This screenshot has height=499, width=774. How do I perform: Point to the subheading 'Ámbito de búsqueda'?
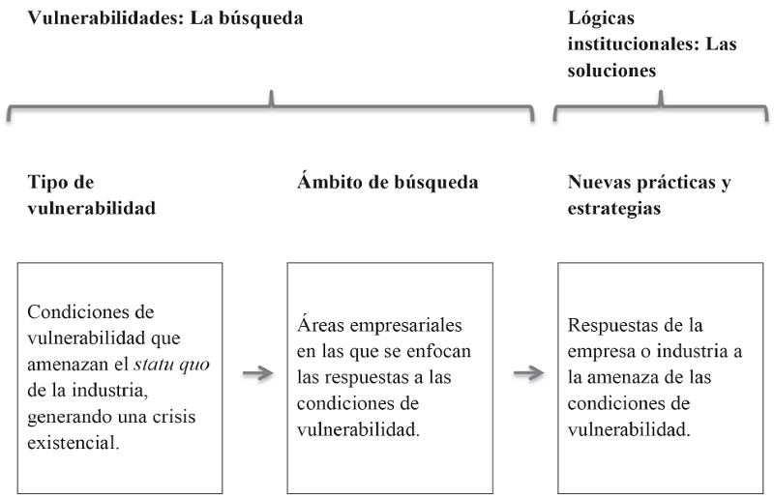(388, 182)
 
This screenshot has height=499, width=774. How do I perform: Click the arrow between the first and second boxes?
(256, 374)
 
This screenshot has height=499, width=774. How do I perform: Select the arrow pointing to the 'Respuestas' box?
(527, 374)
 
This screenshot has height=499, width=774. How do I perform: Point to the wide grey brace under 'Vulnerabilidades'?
(271, 105)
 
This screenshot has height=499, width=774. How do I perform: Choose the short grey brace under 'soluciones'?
(661, 105)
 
